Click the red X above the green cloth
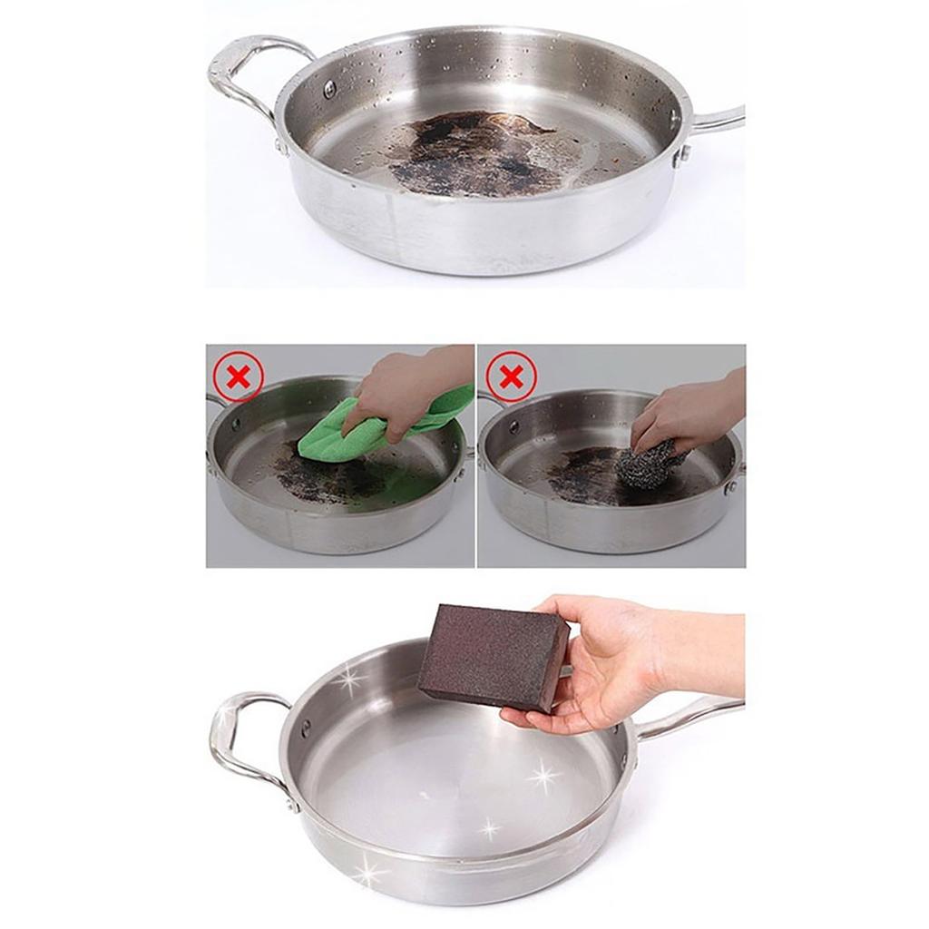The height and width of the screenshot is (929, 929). [x=239, y=376]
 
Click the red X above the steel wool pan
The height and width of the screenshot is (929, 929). [x=512, y=376]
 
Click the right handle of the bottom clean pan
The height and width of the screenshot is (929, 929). [x=689, y=717]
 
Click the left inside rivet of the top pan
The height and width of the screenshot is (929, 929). [x=329, y=88]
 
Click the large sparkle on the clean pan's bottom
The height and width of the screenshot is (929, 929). [x=543, y=776]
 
